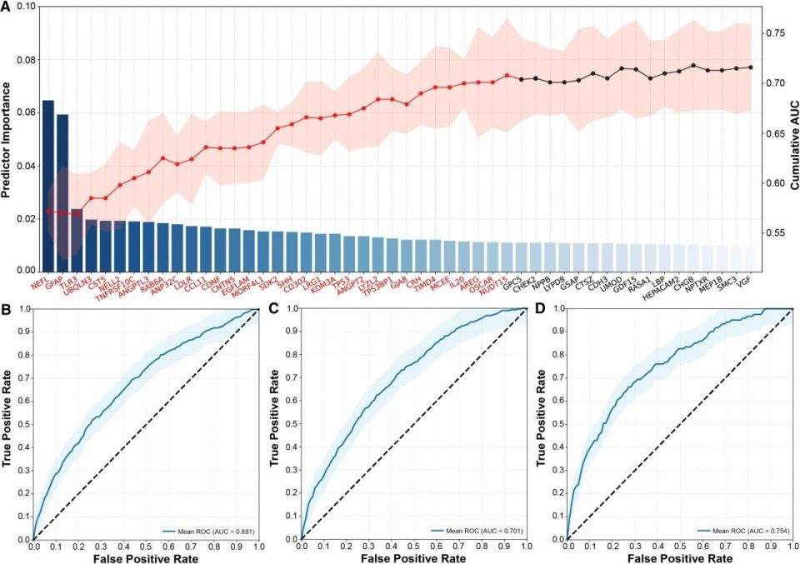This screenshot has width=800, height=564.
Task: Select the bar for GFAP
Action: pos(62,192)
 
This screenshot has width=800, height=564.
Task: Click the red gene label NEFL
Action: pos(38,285)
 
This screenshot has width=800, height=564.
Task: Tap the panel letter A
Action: pos(6,7)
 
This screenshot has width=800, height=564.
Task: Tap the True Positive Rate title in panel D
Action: pos(542,423)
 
